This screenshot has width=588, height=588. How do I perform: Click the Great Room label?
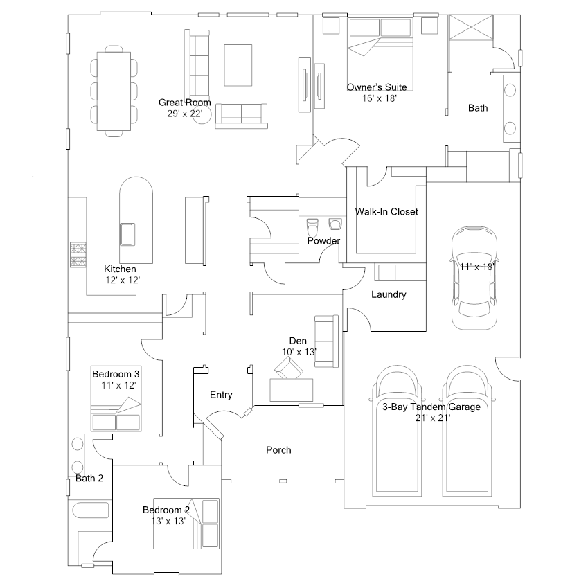pos(184,103)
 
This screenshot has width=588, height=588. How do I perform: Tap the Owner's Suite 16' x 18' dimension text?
pos(379,98)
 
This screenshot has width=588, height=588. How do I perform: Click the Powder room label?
pos(323,241)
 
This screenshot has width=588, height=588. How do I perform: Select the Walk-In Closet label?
pos(386,212)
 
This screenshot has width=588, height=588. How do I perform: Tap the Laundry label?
pos(388,294)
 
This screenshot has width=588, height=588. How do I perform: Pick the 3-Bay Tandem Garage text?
pos(431,407)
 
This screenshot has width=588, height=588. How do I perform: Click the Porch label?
pos(278,450)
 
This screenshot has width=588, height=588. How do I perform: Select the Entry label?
pos(221,395)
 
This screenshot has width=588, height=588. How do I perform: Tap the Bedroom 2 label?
pos(166,510)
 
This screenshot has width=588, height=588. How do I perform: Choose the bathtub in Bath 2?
pos(91,512)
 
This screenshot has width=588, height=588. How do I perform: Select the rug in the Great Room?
pos(238,64)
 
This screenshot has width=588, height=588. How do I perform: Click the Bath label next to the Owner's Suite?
pos(477,108)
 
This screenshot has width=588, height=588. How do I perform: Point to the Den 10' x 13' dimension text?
pos(299,352)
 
